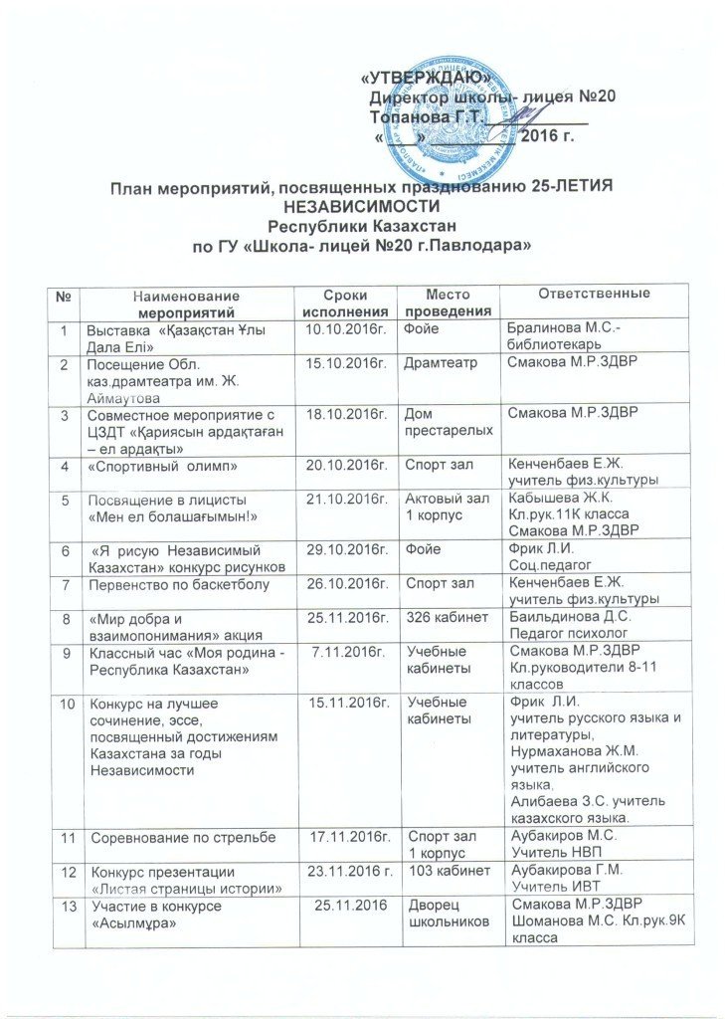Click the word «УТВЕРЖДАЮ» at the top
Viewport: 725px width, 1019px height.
(425, 77)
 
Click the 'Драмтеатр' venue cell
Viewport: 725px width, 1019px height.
(436, 365)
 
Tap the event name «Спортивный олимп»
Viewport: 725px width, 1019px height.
(146, 465)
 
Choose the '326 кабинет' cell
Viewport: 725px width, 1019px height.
(448, 620)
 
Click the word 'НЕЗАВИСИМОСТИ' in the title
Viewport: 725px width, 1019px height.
(361, 206)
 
